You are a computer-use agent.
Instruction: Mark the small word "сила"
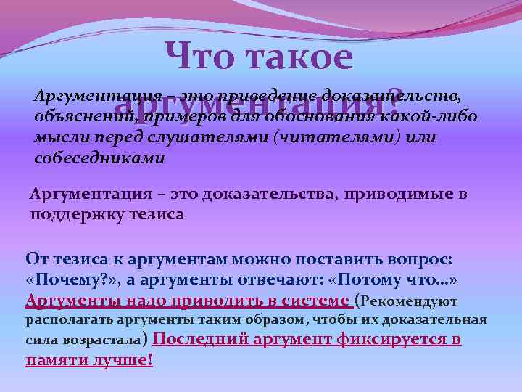[39, 340]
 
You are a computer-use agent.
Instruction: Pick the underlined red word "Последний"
[196, 339]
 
